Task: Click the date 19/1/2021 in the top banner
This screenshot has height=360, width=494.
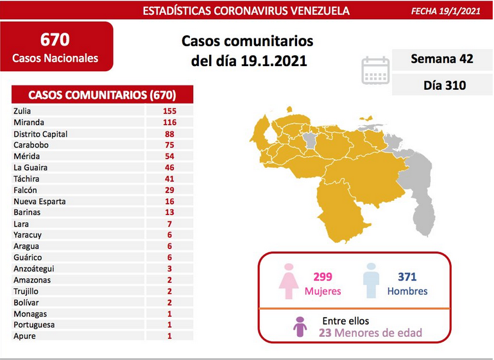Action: [x=460, y=12]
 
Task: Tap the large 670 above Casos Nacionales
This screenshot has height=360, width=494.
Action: [x=55, y=39]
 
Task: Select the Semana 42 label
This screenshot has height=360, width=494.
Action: [x=442, y=58]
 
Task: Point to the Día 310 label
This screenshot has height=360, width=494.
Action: [x=445, y=85]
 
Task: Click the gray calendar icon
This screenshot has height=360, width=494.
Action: [x=375, y=71]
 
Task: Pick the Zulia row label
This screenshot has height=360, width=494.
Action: [x=22, y=111]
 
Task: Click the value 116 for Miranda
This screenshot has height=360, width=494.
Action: [x=169, y=123]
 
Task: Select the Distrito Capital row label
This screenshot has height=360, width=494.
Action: [x=40, y=134]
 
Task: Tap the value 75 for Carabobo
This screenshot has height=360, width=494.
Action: [x=169, y=145]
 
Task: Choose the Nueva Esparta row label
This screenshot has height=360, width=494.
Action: [x=40, y=201]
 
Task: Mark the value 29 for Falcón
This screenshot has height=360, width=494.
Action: [x=169, y=190]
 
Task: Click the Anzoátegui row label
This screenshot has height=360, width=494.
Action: [x=34, y=269]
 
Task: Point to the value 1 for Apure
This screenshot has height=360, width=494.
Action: [x=169, y=336]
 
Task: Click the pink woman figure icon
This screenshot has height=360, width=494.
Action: [x=289, y=281]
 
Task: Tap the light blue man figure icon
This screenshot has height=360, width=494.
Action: [x=371, y=280]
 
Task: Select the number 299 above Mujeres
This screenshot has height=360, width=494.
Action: [x=323, y=277]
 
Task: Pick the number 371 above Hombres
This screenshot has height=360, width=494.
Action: [x=407, y=277]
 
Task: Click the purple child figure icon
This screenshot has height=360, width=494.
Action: [x=300, y=327]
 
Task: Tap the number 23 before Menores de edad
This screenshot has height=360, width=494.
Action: [x=325, y=333]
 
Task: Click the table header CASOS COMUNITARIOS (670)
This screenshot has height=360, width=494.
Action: [x=102, y=95]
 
